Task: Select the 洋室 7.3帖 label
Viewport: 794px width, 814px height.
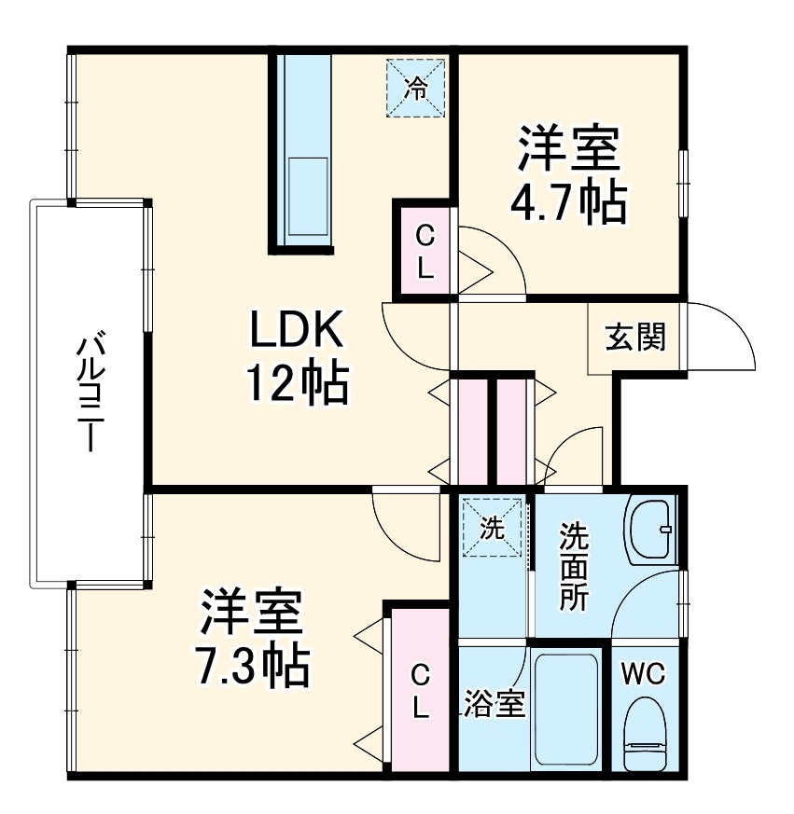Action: point(252,638)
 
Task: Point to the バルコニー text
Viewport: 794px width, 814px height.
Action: point(88,392)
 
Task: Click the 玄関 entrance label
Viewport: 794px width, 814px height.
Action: point(636,338)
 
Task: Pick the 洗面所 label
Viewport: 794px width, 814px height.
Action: point(574,568)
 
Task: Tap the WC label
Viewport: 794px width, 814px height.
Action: point(644,673)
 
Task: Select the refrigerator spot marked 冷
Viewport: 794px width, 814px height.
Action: point(416,89)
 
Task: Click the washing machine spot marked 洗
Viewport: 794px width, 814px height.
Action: point(492,529)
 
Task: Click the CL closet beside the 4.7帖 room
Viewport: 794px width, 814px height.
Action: point(424,250)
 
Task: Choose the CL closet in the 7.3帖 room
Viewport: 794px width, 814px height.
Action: point(421,690)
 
